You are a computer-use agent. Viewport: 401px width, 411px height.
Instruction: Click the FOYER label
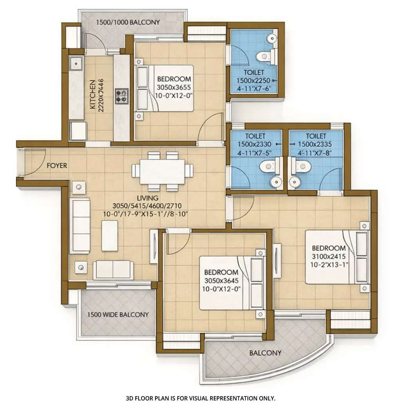pos(57,165)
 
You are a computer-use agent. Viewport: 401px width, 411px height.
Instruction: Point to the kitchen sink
pos(75,62)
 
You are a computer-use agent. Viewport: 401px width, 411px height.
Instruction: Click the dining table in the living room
pos(162,171)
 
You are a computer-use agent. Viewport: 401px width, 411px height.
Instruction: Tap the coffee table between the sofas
pos(110,235)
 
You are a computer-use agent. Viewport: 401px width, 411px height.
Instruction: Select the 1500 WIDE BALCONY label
pos(118,315)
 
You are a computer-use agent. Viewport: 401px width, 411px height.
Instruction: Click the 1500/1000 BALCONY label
pos(128,22)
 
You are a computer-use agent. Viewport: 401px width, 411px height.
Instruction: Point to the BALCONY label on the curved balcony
pos(265,353)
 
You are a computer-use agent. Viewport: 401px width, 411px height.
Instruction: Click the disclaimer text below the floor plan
pos(200,398)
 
